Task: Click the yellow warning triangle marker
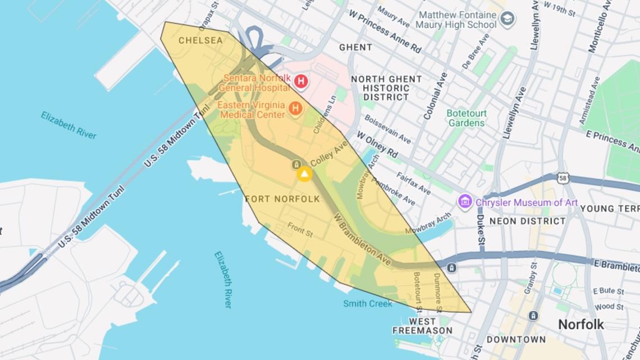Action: click(x=304, y=174)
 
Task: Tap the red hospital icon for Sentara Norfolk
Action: click(x=300, y=82)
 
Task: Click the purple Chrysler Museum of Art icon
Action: click(x=465, y=202)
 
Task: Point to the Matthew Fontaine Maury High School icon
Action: click(x=508, y=20)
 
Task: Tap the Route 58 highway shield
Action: click(x=564, y=178)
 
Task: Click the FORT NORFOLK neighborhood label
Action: click(x=282, y=199)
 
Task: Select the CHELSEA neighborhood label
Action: click(x=200, y=40)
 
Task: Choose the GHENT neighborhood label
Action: click(x=355, y=48)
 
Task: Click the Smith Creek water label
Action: click(x=368, y=304)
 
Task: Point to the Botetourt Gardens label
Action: click(x=465, y=118)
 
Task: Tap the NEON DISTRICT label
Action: click(x=528, y=221)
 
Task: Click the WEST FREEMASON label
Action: click(x=422, y=326)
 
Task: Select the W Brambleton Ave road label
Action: click(x=362, y=239)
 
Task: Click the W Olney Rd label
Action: click(x=377, y=144)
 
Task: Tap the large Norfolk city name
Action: click(x=580, y=324)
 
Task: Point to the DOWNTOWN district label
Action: click(x=516, y=339)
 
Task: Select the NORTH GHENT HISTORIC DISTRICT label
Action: click(x=386, y=88)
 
